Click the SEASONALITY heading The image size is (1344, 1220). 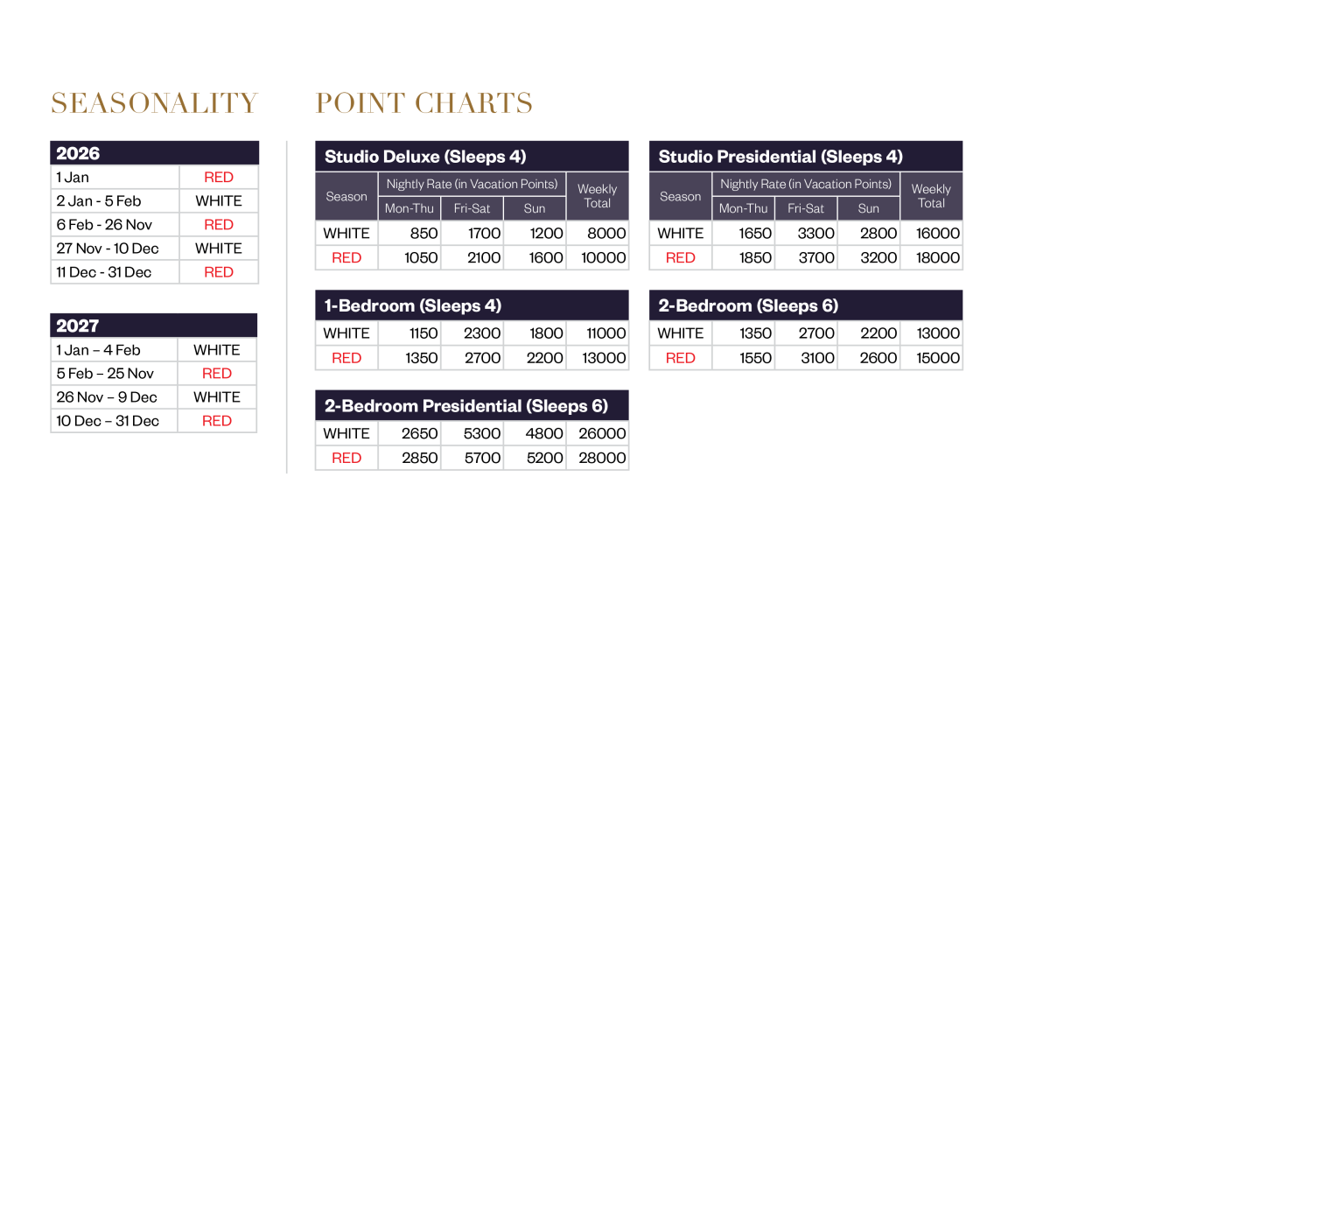click(154, 103)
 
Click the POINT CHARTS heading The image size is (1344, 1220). click(424, 103)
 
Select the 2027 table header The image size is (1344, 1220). click(78, 326)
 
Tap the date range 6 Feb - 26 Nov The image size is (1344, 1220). click(104, 225)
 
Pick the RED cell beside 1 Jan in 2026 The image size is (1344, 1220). click(219, 178)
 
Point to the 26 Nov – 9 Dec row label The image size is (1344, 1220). click(107, 397)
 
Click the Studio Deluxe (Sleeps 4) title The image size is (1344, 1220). click(425, 157)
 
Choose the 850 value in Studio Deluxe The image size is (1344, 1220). click(423, 234)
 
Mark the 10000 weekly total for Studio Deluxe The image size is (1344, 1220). click(604, 258)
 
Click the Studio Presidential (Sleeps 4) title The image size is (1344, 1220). click(780, 157)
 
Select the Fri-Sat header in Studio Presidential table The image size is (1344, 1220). click(806, 208)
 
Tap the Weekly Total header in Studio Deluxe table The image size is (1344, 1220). click(598, 196)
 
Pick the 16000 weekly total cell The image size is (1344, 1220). click(938, 234)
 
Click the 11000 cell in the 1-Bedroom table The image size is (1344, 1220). click(606, 333)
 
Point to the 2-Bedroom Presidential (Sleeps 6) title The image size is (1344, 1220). click(466, 406)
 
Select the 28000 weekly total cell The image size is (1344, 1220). click(602, 458)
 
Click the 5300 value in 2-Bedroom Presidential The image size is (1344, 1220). click(482, 433)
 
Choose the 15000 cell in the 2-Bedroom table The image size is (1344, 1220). click(938, 358)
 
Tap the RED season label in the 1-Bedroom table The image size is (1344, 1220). click(346, 358)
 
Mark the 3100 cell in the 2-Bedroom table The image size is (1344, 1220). click(818, 358)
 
